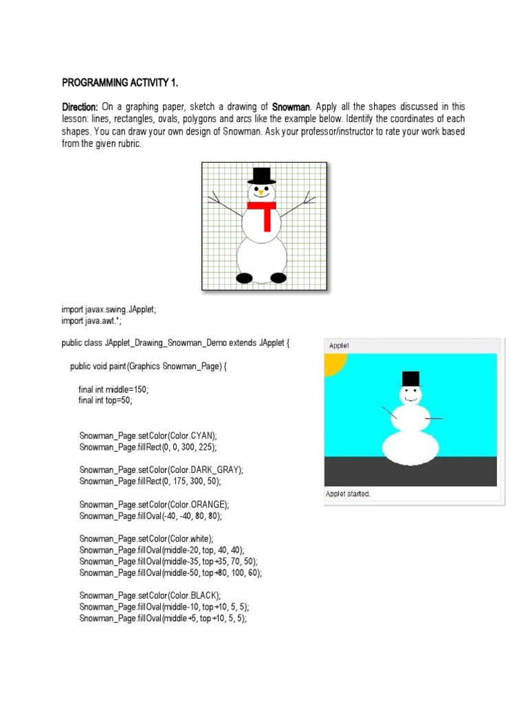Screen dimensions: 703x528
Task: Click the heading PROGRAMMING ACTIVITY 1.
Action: (x=120, y=83)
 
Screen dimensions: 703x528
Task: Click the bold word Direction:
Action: (x=81, y=107)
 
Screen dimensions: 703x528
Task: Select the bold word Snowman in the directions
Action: (x=291, y=107)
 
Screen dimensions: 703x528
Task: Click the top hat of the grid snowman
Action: (x=261, y=176)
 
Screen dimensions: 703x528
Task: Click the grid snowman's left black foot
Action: (x=245, y=278)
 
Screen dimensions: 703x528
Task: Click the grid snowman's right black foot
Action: (x=278, y=278)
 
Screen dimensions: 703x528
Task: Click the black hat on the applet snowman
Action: (x=410, y=378)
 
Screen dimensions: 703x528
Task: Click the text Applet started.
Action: (x=349, y=494)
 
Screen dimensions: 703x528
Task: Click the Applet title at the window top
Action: (x=338, y=345)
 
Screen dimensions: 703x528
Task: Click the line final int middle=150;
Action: (x=113, y=389)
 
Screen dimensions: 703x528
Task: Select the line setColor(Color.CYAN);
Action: (x=148, y=435)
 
